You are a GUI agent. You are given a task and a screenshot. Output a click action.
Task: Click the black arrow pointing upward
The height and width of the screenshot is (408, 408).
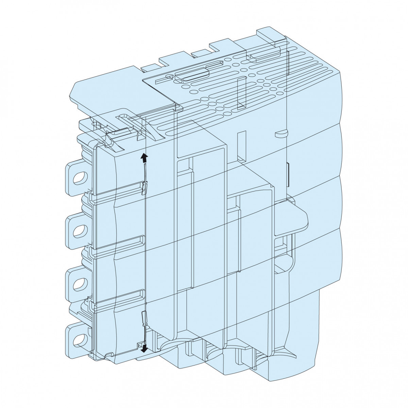click(x=144, y=157)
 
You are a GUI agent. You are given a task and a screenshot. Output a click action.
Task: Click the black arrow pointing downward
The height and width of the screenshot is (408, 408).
click(x=145, y=347)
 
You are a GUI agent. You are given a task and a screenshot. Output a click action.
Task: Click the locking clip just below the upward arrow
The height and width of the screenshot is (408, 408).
click(x=145, y=187)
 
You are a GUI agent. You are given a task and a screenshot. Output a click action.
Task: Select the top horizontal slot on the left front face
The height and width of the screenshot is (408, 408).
click(x=129, y=186)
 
